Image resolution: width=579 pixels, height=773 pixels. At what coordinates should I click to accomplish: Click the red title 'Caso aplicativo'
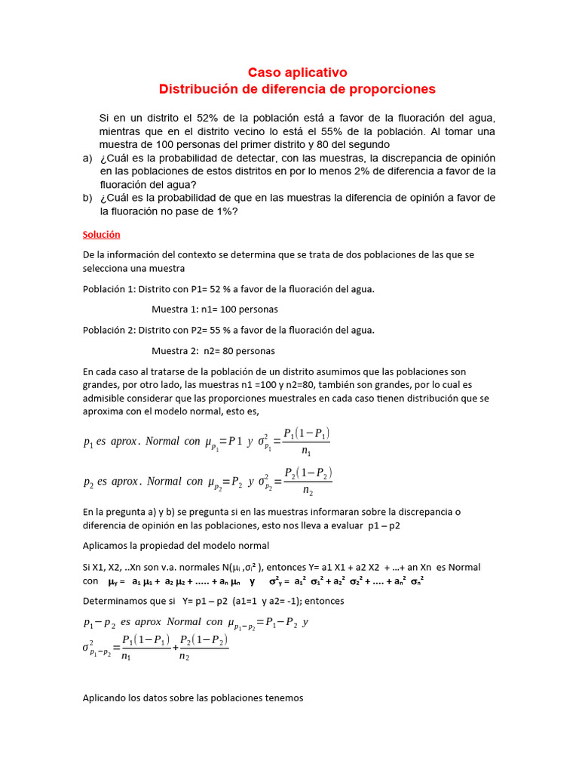[298, 72]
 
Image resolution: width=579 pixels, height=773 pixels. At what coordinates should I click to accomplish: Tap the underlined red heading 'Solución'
[101, 235]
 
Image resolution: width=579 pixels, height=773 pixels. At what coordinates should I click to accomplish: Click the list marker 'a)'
[87, 158]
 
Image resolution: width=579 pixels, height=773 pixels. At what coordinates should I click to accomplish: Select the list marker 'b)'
[87, 198]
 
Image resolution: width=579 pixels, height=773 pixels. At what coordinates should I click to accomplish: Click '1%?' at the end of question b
[226, 211]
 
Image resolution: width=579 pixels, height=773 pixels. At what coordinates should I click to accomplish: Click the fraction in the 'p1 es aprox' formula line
[306, 442]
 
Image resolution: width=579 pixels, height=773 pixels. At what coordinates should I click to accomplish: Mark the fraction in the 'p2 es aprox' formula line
[308, 482]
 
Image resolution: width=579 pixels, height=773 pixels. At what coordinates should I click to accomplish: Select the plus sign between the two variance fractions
[176, 648]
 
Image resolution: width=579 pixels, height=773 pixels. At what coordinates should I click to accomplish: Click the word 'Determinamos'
[115, 602]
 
